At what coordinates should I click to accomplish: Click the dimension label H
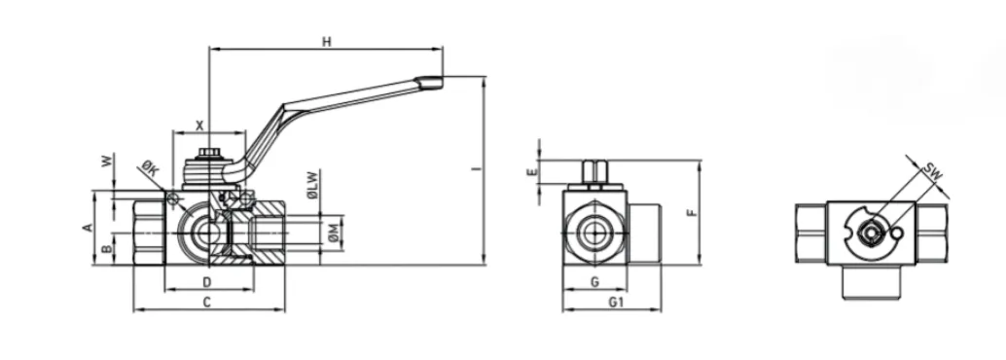pos(327,43)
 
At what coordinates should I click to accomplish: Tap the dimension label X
pos(199,126)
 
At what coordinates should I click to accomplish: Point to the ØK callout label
pos(150,170)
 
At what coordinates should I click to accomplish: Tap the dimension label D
pos(206,282)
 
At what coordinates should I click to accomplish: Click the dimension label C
pos(206,303)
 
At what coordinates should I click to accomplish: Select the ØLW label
pos(312,185)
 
